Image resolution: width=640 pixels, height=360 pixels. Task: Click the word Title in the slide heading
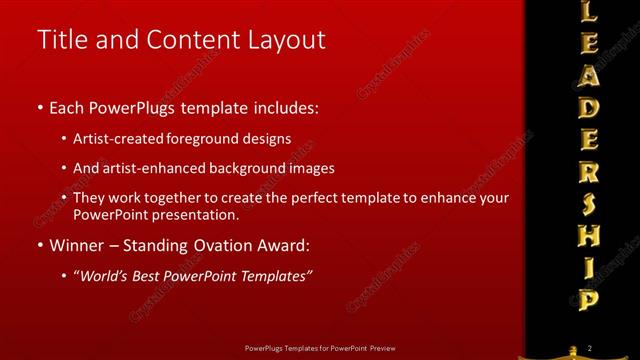[59, 40]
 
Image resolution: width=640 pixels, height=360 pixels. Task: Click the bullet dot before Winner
[39, 245]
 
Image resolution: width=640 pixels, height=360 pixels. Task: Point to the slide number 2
[590, 347]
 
